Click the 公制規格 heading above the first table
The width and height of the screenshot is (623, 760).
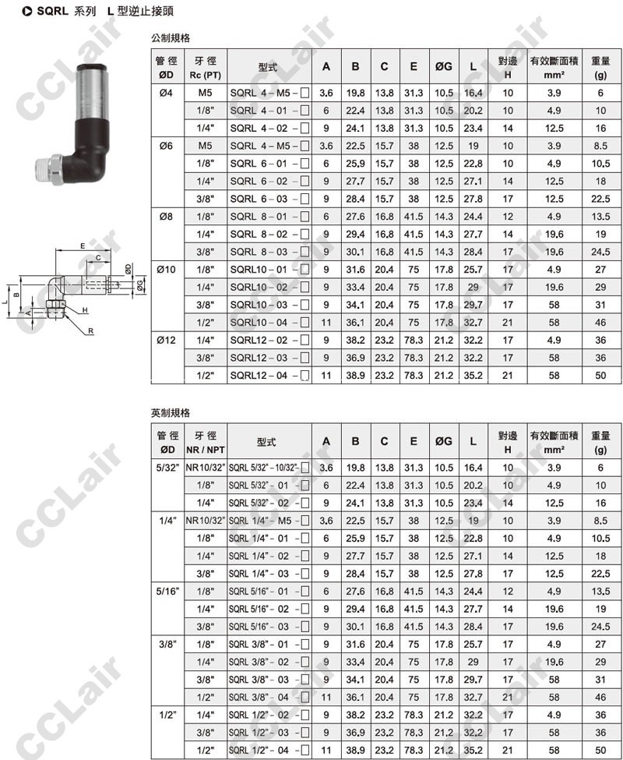click(x=171, y=38)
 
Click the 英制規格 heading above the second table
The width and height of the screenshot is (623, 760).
click(x=171, y=413)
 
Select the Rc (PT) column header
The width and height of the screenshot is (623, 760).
click(x=206, y=75)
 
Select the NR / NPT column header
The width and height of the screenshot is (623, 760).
click(x=206, y=450)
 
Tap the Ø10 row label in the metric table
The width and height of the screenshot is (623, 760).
click(x=167, y=270)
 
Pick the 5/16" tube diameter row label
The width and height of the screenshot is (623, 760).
click(x=167, y=592)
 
